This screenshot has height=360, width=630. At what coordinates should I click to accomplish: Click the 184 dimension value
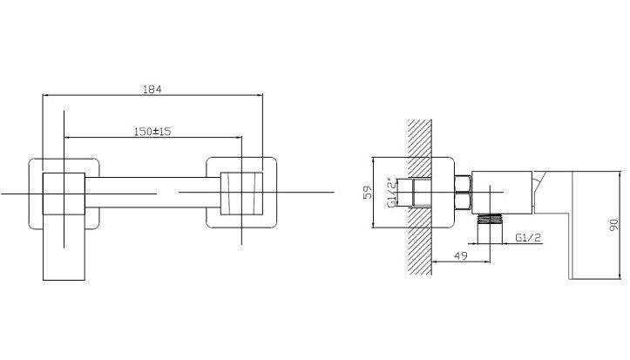tap(152, 89)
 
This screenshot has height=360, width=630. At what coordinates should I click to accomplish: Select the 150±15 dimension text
tap(152, 132)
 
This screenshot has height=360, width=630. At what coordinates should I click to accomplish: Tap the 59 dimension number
tap(367, 193)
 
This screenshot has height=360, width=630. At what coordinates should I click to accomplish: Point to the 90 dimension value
tap(613, 225)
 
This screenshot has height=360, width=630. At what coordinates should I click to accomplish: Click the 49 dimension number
tap(461, 255)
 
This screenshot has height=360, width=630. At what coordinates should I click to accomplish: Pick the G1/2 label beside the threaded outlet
tap(528, 237)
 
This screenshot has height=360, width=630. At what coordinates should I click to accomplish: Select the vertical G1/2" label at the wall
tap(392, 193)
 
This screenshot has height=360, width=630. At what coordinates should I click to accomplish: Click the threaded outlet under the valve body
tap(490, 219)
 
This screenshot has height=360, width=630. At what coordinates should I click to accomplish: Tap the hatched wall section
tap(420, 197)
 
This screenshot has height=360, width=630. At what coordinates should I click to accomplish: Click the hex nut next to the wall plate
tap(463, 193)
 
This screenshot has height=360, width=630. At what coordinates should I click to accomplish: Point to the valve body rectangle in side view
tap(502, 193)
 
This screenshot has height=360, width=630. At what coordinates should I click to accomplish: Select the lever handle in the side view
tap(595, 225)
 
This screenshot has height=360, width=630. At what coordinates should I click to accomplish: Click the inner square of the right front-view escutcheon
tap(241, 194)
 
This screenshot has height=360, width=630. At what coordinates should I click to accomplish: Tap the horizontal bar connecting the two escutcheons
tap(152, 193)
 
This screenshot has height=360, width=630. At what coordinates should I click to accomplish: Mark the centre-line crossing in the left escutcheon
tap(64, 194)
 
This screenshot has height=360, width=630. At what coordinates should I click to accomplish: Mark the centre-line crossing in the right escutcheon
tap(241, 193)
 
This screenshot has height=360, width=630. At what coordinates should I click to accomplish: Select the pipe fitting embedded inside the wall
tap(423, 193)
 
